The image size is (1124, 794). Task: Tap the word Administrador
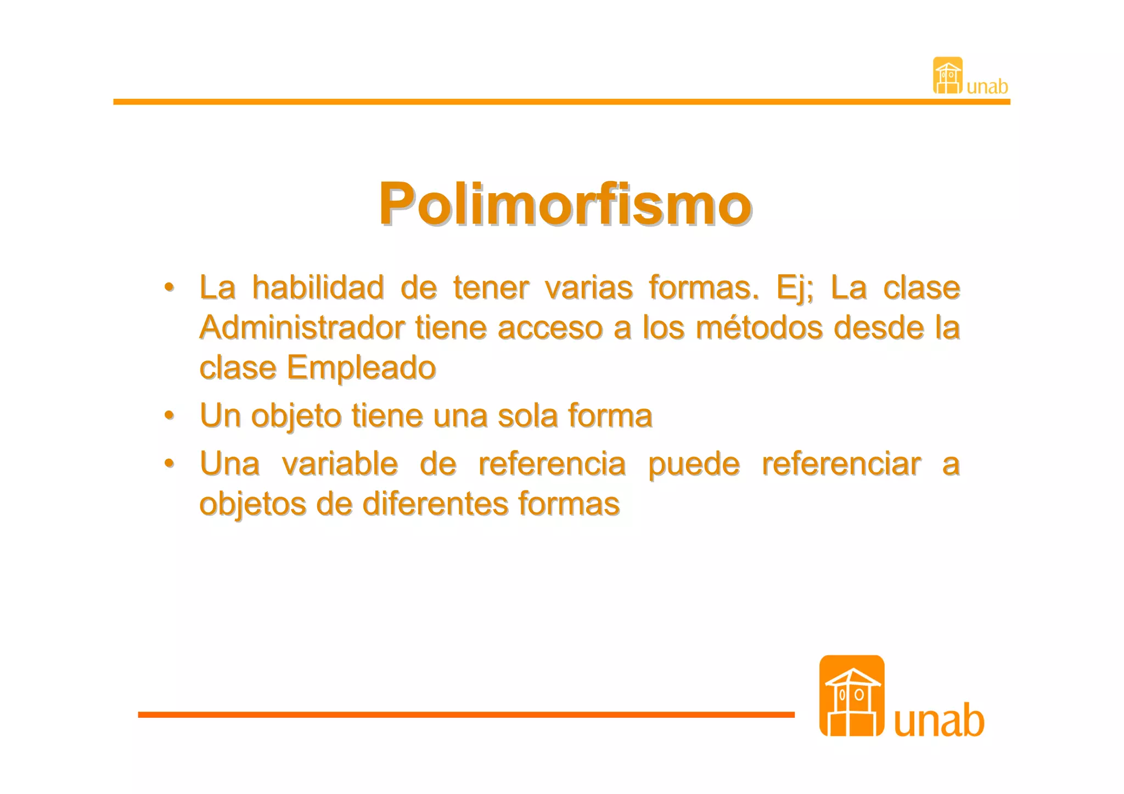(302, 328)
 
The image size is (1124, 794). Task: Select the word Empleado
(361, 367)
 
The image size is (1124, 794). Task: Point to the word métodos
(760, 328)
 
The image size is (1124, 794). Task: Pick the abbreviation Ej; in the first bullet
(794, 288)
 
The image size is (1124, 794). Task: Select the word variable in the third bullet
(340, 464)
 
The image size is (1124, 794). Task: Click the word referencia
(552, 464)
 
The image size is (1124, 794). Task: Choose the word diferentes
(435, 504)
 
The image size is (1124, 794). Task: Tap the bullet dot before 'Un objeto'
(170, 415)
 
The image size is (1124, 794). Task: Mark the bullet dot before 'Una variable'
(170, 464)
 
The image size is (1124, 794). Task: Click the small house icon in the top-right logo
(948, 76)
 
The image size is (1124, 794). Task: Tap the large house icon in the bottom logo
(851, 696)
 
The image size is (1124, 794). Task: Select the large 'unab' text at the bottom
(938, 720)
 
